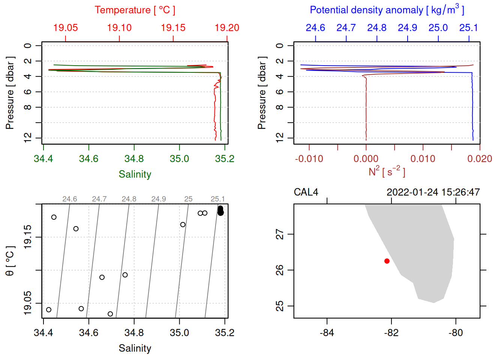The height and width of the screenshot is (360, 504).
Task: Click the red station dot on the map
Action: [x=387, y=261]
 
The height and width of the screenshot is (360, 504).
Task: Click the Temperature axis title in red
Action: [x=135, y=10]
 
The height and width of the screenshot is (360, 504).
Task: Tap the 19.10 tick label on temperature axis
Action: [x=119, y=28]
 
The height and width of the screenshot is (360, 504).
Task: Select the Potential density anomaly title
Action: [x=387, y=10]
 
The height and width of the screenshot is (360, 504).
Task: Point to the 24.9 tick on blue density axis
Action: [x=407, y=28]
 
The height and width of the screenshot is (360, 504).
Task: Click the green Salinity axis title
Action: [x=135, y=174]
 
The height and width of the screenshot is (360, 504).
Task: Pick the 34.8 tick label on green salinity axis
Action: [x=134, y=159]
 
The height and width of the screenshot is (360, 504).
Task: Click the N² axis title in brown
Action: [x=387, y=171]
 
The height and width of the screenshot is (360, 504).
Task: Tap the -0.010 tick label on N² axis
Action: [x=309, y=159]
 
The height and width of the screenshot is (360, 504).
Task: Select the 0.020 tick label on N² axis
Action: [x=480, y=159]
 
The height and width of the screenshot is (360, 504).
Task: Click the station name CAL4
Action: [x=306, y=192]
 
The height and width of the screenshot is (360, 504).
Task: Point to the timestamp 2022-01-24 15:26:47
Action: [x=433, y=192]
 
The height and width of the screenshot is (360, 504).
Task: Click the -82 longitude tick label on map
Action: [x=391, y=333]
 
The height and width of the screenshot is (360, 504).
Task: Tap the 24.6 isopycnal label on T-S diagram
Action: [x=70, y=199]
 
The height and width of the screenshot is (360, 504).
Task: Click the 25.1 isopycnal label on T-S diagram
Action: [x=217, y=199]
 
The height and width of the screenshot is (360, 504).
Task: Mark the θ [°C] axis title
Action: [x=10, y=261]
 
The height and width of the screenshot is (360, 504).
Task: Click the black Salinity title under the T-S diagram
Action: [x=135, y=348]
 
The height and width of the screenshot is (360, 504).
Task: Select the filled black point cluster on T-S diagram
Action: [x=220, y=211]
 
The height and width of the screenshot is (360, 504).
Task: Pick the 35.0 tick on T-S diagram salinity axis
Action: [x=180, y=333]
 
